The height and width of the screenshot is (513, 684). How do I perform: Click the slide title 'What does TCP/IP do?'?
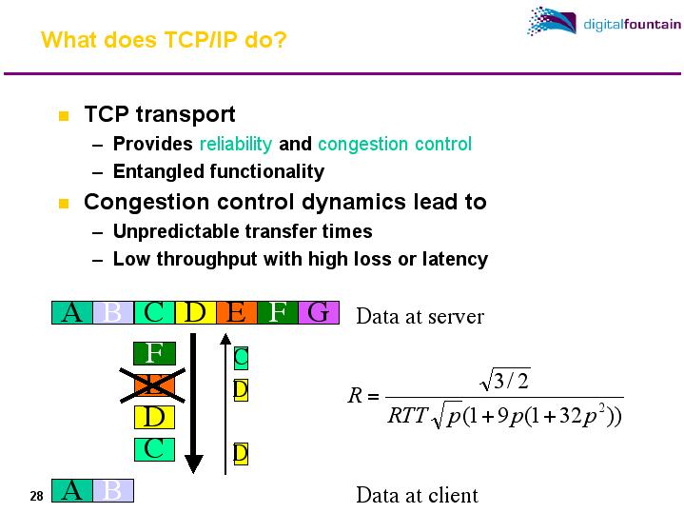[x=164, y=41]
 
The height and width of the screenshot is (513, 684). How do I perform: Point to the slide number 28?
[x=36, y=497]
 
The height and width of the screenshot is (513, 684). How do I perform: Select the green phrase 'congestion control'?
[x=394, y=145]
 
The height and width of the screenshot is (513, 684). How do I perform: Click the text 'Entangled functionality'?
[x=218, y=172]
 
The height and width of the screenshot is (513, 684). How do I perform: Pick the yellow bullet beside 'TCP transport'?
[x=64, y=117]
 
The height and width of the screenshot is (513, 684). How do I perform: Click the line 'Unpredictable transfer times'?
[x=243, y=231]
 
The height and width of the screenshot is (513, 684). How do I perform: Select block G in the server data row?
[x=319, y=312]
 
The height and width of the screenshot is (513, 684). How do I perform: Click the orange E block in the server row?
[x=237, y=312]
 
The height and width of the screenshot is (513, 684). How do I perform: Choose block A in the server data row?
[x=71, y=312]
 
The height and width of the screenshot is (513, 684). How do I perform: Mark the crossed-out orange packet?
[x=154, y=385]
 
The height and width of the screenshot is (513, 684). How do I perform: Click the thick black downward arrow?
[x=194, y=400]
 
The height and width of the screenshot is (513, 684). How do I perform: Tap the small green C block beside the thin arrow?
[x=241, y=358]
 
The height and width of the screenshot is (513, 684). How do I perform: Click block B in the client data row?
[x=112, y=491]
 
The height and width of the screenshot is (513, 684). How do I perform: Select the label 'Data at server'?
[x=420, y=317]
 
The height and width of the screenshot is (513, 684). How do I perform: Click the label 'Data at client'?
[x=417, y=495]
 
